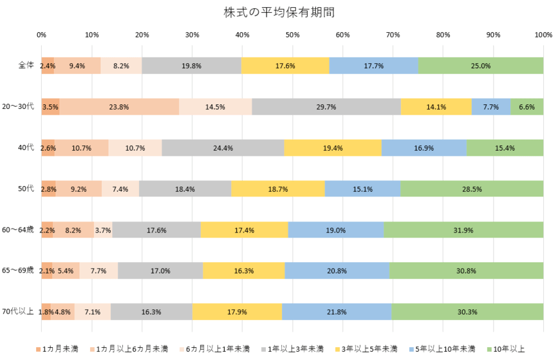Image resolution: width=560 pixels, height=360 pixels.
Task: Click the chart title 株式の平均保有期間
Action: [x=279, y=12]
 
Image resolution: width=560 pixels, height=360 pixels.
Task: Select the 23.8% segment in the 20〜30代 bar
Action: [x=119, y=107]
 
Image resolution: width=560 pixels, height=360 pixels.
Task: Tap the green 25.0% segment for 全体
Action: [x=480, y=66]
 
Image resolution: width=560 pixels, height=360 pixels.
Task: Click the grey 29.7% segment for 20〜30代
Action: [x=326, y=107]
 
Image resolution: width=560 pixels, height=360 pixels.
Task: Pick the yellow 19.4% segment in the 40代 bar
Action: [x=333, y=148]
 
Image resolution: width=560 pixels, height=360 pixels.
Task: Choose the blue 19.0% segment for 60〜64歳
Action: [x=336, y=230]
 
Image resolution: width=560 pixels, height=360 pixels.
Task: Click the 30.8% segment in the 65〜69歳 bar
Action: [x=466, y=271]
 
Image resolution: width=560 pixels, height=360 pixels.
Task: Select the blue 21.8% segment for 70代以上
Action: [x=337, y=312]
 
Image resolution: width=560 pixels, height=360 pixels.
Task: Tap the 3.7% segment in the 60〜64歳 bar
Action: [x=103, y=230]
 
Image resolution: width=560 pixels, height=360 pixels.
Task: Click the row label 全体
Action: [x=26, y=66]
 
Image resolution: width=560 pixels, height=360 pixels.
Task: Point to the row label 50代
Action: [x=26, y=189]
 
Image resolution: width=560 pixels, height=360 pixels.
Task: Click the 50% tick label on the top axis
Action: [x=292, y=35]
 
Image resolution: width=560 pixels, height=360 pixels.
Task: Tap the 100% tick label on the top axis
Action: [x=543, y=35]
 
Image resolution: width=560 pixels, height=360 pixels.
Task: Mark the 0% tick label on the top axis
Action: [x=41, y=35]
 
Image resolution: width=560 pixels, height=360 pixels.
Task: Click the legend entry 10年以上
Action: [x=508, y=348]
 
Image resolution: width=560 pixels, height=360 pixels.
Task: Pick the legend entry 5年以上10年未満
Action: [x=445, y=348]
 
